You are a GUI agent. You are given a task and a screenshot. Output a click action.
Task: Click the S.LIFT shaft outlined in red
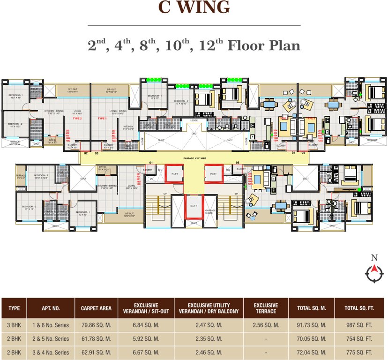(x=194, y=206)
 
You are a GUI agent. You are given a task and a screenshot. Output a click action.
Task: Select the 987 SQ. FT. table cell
(x=358, y=325)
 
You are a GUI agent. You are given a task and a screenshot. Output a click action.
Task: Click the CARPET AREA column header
(x=96, y=308)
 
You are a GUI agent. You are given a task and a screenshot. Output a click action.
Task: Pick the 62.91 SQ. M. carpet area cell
(x=96, y=352)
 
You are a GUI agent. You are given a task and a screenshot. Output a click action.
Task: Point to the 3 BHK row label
(x=14, y=325)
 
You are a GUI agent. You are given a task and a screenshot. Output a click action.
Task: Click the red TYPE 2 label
(x=77, y=119)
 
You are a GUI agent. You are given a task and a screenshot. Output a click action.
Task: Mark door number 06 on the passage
(x=238, y=163)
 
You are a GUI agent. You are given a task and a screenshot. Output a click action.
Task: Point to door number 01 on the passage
(x=151, y=163)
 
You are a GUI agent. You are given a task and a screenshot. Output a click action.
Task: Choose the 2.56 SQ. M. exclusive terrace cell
(x=266, y=325)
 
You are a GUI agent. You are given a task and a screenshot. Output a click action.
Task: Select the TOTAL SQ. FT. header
(x=358, y=308)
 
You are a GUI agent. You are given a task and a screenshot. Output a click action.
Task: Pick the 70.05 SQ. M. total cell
(x=311, y=338)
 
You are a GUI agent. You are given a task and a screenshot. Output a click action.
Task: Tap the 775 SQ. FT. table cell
(x=358, y=352)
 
